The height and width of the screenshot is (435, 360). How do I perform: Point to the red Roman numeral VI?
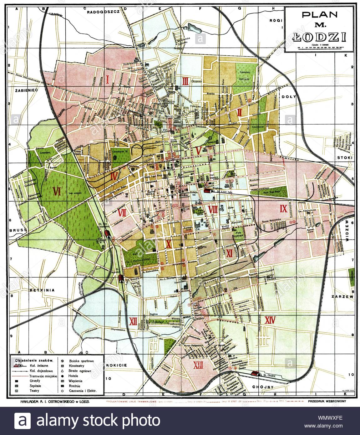coord(57,191)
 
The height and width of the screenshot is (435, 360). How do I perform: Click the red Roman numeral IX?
coord(283,208)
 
